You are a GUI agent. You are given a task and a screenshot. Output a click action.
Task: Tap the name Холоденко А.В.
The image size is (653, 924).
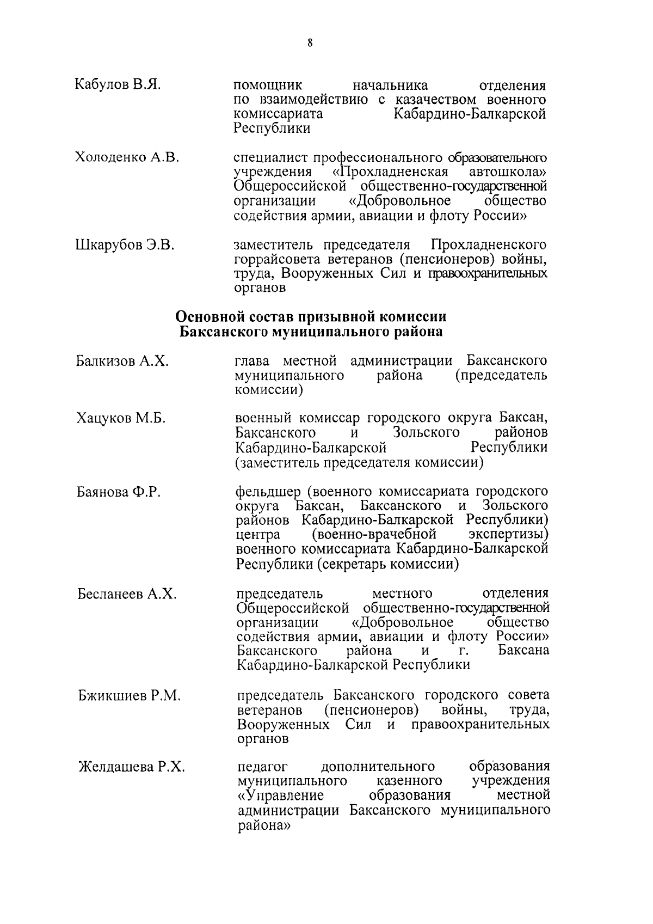(x=127, y=157)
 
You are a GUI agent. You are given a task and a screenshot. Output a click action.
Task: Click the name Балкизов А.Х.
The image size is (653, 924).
(x=122, y=361)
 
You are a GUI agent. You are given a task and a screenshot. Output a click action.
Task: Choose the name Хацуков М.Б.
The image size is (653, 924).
(x=121, y=418)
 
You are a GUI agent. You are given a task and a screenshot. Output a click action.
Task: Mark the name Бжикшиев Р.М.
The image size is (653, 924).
(x=129, y=696)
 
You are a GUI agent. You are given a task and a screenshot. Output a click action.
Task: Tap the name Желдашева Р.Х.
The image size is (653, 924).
(x=132, y=767)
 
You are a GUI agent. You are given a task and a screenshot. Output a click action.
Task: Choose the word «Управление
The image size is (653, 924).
(x=281, y=796)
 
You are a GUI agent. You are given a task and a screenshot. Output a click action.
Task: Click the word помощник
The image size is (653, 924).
(x=268, y=85)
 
